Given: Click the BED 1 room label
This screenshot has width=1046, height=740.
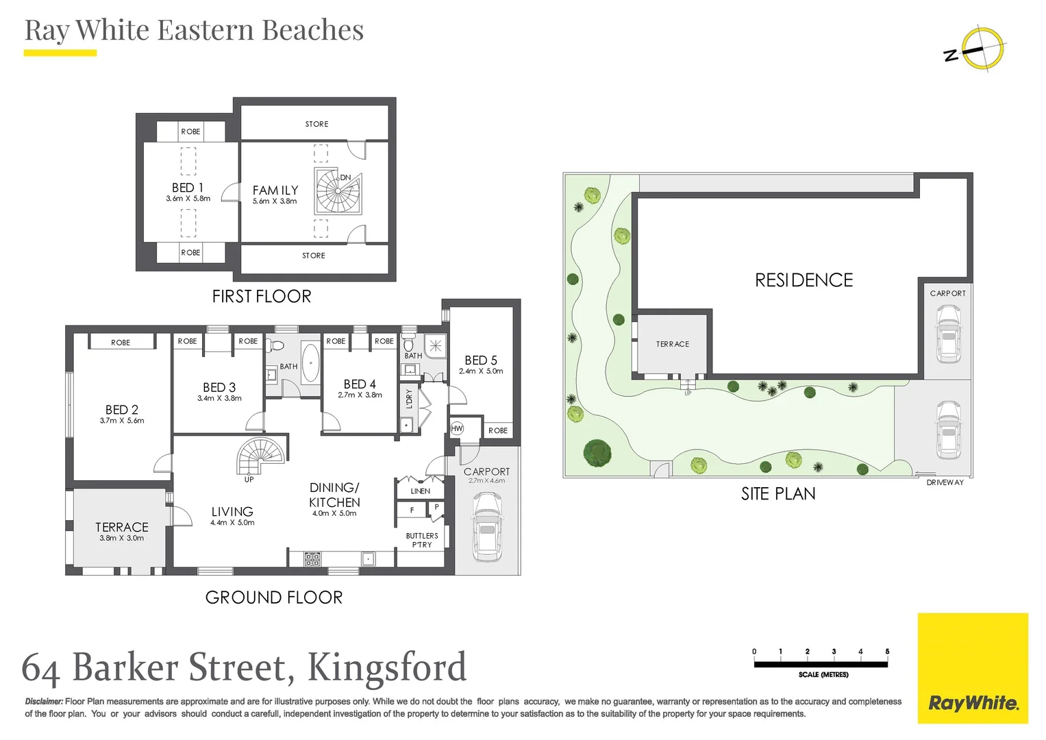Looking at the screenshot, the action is coord(188,188).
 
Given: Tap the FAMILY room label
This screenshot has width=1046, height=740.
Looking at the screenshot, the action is coord(275,190).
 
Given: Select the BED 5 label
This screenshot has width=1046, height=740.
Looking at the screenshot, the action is coord(481,360).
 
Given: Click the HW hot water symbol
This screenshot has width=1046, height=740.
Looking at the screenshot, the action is coord(457,428).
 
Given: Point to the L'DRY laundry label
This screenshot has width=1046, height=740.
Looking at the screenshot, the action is coord(409,399).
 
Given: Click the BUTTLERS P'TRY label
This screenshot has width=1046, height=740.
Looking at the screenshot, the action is coord(422,540).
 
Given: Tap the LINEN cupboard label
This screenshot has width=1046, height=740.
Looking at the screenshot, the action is coord(421,491).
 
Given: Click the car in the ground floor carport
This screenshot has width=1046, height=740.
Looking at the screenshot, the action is coord(487,526).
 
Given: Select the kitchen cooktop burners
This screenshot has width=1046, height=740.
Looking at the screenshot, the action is coord(312,558).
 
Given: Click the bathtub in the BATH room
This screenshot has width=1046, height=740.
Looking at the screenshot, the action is coord(310,363).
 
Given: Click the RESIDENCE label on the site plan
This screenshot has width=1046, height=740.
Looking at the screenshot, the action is coord(804,280).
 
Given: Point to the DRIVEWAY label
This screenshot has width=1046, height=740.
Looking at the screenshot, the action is coord(945,482).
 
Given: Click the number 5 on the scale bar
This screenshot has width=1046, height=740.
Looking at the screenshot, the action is coord(887,651).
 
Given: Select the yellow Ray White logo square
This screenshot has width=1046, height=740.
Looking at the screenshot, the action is coord(973,668).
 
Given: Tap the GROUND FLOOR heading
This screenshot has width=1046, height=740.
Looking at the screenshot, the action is coord(274,597).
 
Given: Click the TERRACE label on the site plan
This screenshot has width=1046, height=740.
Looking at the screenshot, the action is coord(673,344).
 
